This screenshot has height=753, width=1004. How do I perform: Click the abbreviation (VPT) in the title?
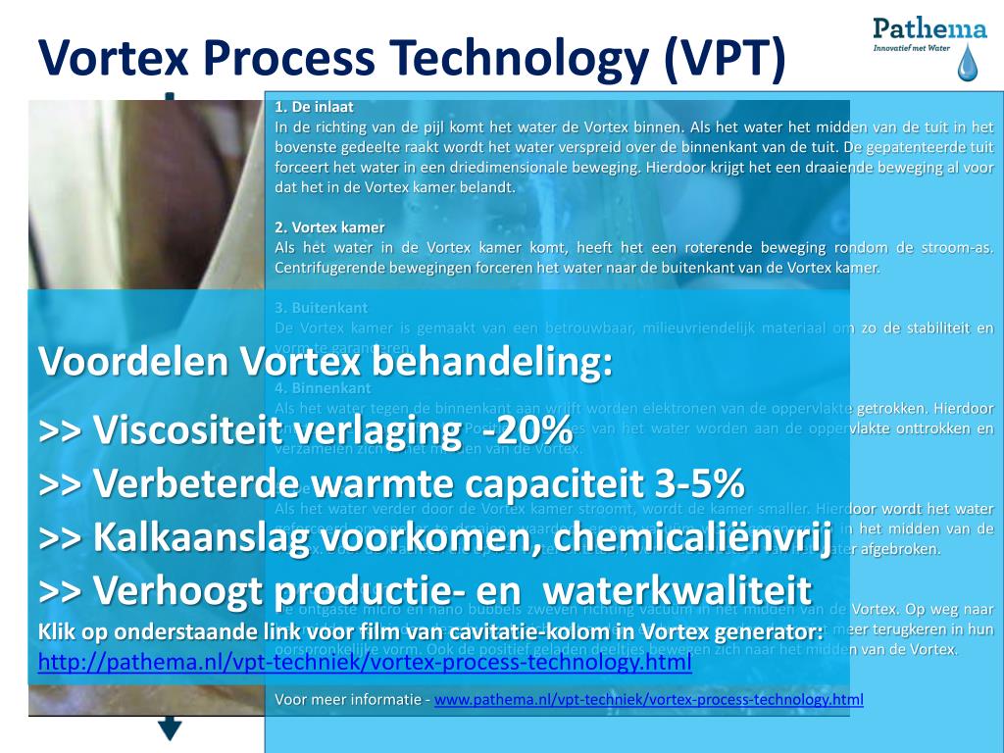pyautogui.click(x=724, y=58)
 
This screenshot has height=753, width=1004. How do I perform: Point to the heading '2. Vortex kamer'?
pyautogui.click(x=329, y=227)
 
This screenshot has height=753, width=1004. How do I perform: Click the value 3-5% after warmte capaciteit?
pyautogui.click(x=698, y=483)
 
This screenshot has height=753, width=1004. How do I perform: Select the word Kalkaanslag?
pyautogui.click(x=206, y=537)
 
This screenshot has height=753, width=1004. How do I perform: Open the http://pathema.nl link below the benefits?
pyautogui.click(x=365, y=663)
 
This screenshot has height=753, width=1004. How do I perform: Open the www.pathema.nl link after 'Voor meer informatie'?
pyautogui.click(x=648, y=699)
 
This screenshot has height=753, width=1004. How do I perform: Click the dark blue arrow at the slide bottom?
pyautogui.click(x=171, y=728)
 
